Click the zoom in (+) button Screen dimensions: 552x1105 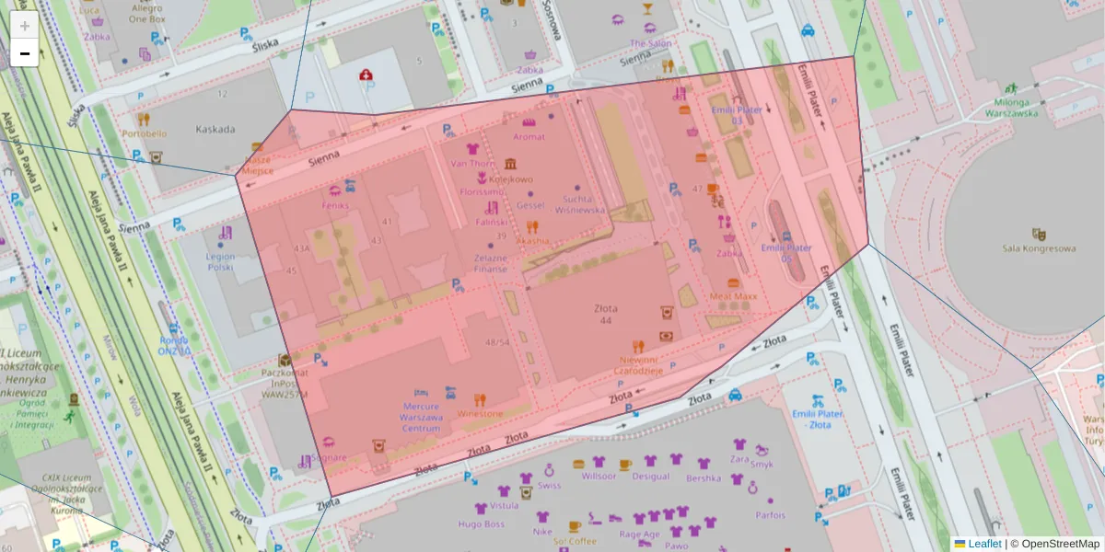tap(25, 26)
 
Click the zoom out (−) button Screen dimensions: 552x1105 tap(25, 53)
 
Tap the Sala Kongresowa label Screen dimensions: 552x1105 tap(1040, 248)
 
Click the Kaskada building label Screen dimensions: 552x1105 tap(215, 130)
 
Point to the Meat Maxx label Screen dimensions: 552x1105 tap(733, 297)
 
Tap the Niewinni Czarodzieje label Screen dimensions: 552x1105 tap(639, 365)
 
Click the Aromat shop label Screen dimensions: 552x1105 tap(529, 137)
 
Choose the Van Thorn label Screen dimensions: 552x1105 tap(472, 164)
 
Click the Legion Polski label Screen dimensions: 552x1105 tap(221, 262)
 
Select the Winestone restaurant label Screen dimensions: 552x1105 tap(479, 414)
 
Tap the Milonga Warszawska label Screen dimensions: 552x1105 tap(1003, 108)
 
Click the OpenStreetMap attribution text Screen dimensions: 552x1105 tap(1060, 544)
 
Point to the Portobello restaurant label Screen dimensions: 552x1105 tap(144, 133)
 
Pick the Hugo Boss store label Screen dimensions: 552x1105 tap(482, 524)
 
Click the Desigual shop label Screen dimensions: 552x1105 tap(650, 477)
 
